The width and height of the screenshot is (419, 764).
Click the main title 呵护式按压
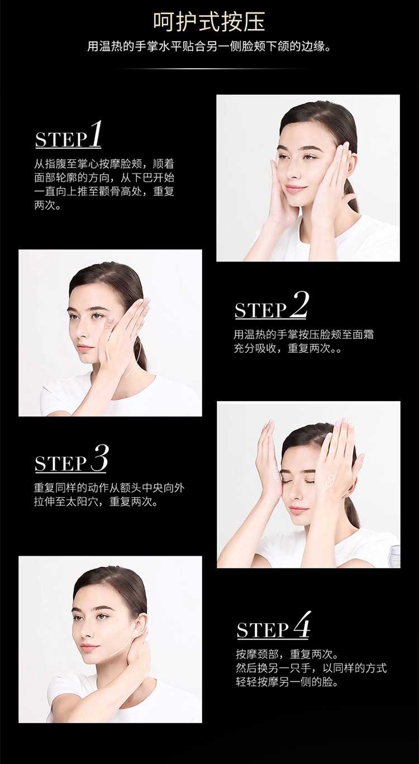tap(209, 22)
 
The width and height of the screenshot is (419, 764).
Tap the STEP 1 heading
tap(68, 135)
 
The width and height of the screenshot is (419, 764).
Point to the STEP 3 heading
tap(72, 459)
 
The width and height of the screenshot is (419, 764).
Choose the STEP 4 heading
tap(274, 625)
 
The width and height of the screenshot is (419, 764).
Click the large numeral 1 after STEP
tap(95, 133)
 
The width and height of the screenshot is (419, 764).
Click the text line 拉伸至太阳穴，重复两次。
tap(96, 502)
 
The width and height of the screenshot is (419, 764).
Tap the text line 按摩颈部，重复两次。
tap(287, 654)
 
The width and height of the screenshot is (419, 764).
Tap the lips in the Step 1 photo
tap(295, 189)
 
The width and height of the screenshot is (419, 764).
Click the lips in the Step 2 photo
tap(84, 348)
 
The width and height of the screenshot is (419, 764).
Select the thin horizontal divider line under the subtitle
tap(209, 69)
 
